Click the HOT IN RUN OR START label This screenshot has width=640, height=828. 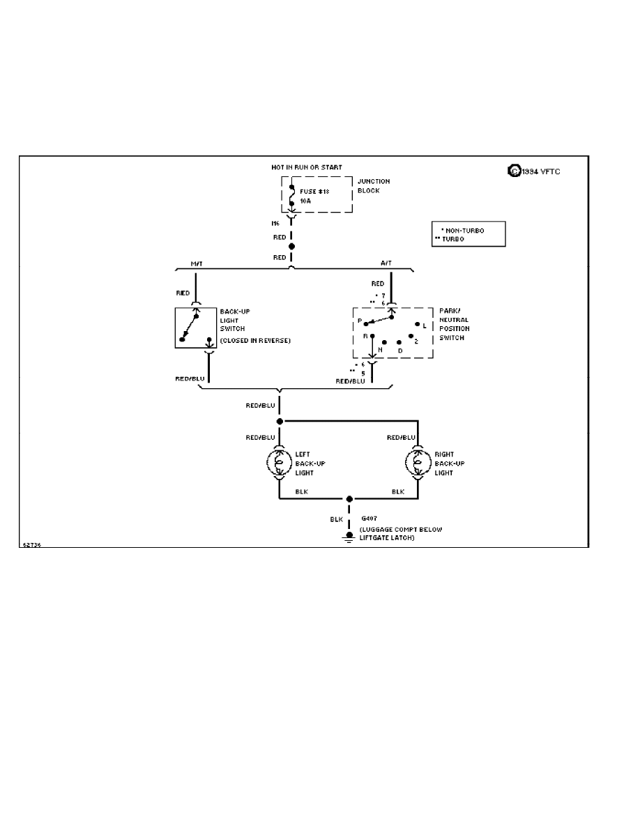point(307,168)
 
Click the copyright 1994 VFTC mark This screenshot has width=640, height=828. point(534,170)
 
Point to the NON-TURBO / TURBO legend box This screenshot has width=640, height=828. point(469,234)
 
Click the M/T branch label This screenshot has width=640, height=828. point(196,264)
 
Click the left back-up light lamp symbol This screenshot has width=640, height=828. point(280,461)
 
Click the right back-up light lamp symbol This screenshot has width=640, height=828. point(418,461)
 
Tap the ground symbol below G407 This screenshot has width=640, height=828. point(349,537)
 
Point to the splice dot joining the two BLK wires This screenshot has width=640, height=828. point(349,499)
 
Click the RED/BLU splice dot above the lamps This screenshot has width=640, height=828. point(280,421)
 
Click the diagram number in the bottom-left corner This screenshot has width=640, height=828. point(31,545)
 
